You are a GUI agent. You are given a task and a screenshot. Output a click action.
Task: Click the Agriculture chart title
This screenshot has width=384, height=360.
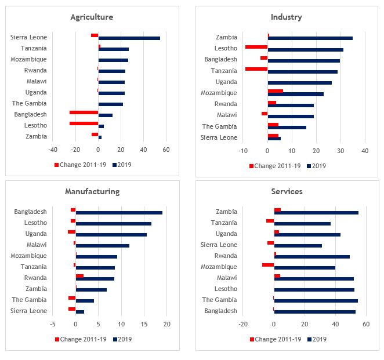pos(92,17)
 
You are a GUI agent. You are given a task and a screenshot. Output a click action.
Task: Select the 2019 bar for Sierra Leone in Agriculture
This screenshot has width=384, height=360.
pos(129,38)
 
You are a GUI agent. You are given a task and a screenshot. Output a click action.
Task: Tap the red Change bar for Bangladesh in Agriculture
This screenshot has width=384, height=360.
pos(84,112)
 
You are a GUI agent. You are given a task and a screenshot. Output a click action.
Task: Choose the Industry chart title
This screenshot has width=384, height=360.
pos(286,17)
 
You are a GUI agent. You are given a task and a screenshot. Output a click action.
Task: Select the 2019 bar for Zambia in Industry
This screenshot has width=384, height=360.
pos(310,38)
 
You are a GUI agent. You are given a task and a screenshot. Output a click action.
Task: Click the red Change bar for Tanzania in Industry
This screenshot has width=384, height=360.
pos(256,69)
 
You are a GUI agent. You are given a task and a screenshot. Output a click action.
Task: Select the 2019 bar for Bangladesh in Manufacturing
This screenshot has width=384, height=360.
pos(119,213)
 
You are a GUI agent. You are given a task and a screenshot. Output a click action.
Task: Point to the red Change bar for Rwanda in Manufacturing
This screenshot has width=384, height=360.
pos(79,277)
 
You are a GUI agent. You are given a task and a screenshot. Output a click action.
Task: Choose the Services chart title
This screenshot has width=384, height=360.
pos(286,191)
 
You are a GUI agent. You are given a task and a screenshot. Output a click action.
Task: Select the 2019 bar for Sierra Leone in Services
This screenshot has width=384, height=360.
pos(298,246)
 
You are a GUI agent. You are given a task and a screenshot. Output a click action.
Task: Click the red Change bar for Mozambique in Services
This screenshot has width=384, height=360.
pos(268,265)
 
